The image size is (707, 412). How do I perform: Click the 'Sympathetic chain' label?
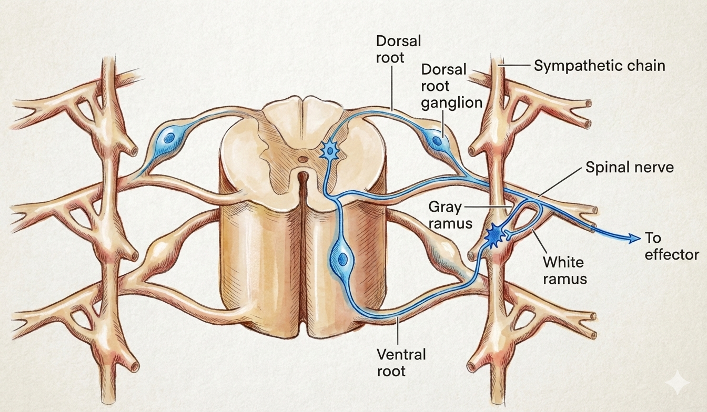[x=600, y=66]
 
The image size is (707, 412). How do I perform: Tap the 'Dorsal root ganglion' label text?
[x=451, y=86]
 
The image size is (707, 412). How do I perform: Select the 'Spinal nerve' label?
[x=630, y=169]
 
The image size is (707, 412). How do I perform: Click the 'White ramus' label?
[x=564, y=269]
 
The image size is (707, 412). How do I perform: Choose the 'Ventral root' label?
[x=401, y=363]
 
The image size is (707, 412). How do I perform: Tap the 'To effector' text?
[x=672, y=246]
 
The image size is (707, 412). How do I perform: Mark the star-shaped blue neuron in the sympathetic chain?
[x=494, y=235]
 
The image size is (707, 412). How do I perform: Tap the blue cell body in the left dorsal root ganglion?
[x=169, y=138]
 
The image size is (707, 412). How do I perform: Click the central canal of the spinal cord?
[x=302, y=158]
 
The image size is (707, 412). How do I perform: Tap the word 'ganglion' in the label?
[x=452, y=102]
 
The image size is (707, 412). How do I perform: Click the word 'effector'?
[x=672, y=254]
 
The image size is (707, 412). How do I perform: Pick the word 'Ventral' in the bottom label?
[x=401, y=354]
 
